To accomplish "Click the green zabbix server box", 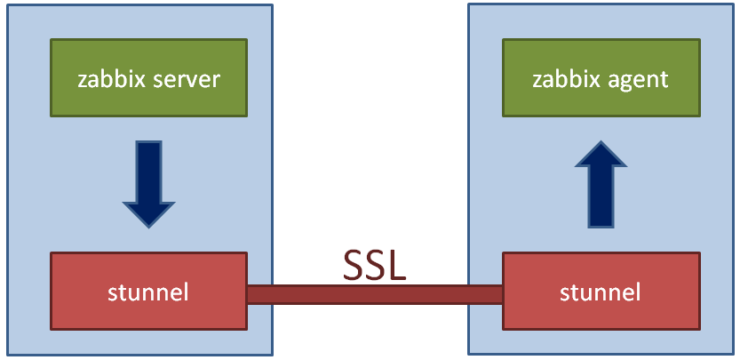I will [147, 78].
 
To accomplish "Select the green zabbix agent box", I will [601, 78].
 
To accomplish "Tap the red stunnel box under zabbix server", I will [148, 292].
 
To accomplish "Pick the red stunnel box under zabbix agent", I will [601, 292].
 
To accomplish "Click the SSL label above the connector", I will [375, 264].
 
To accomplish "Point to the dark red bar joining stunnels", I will [375, 294].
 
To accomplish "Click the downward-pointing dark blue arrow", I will [148, 183].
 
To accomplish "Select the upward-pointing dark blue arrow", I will [601, 183].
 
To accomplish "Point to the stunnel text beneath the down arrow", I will [148, 292].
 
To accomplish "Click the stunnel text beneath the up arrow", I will [601, 292].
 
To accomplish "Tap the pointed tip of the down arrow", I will [148, 223].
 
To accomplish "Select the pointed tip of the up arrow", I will [601, 144].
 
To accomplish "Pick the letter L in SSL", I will [397, 264].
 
